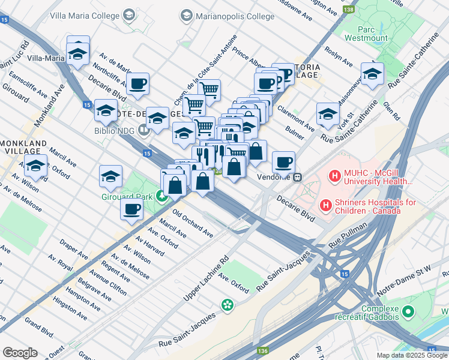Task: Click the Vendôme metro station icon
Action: (x=297, y=177)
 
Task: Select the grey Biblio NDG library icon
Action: (x=143, y=129)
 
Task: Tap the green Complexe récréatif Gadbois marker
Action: (x=408, y=311)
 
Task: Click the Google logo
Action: (x=20, y=353)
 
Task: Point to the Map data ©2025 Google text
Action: (x=412, y=355)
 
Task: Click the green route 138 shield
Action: (x=348, y=10)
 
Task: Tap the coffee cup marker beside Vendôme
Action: (x=283, y=161)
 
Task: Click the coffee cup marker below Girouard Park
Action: (x=132, y=209)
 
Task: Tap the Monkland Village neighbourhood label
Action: (x=24, y=149)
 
